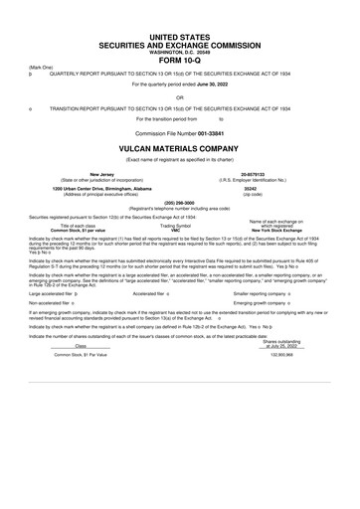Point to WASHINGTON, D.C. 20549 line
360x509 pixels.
click(179, 46)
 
